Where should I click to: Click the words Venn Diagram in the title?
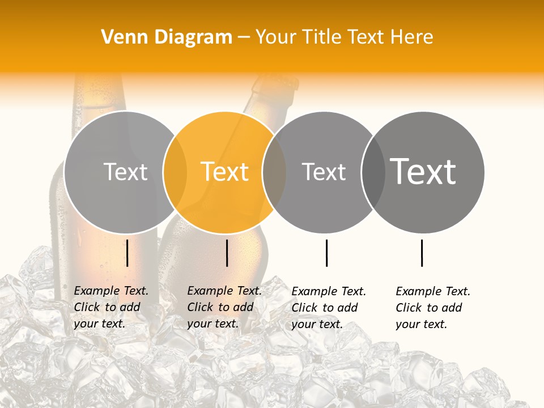(x=167, y=37)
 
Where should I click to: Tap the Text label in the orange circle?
(x=225, y=172)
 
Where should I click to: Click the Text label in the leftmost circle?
(x=125, y=172)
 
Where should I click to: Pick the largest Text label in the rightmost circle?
(x=423, y=171)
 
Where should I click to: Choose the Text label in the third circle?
(x=324, y=172)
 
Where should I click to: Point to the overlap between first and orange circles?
(x=175, y=172)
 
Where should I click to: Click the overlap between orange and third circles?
(x=274, y=172)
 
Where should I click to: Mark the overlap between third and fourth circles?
(x=373, y=172)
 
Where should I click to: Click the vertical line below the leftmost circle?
(x=127, y=253)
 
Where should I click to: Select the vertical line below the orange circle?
(x=227, y=253)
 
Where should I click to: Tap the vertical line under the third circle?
(x=327, y=253)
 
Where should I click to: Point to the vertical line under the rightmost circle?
(x=422, y=253)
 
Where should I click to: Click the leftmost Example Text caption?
(x=110, y=307)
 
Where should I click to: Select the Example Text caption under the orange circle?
(x=224, y=307)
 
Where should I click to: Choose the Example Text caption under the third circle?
(x=328, y=308)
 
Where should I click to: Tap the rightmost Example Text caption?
(x=432, y=308)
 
